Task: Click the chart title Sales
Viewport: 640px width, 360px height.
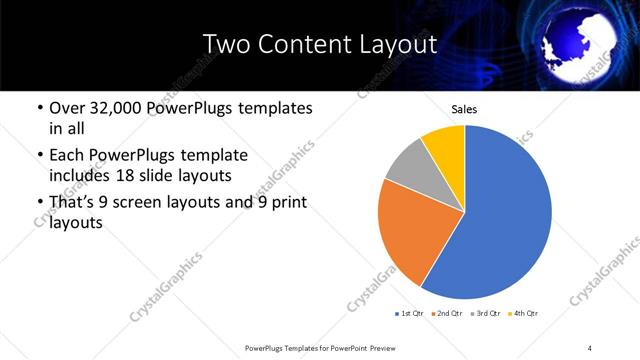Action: [x=463, y=110]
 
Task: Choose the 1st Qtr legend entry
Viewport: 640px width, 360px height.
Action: [x=409, y=314]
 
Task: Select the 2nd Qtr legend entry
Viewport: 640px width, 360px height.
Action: [x=446, y=314]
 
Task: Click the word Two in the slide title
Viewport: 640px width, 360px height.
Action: [x=225, y=44]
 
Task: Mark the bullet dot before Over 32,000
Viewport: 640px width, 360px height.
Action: [x=39, y=108]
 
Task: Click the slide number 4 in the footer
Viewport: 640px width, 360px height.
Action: [x=590, y=347]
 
